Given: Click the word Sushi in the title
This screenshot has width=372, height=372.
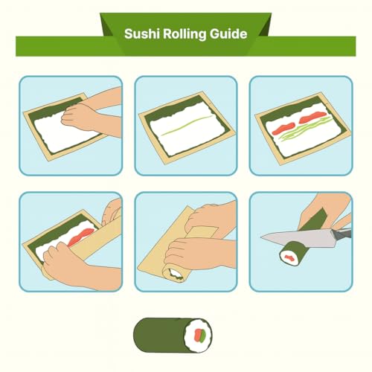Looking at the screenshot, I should [141, 34].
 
